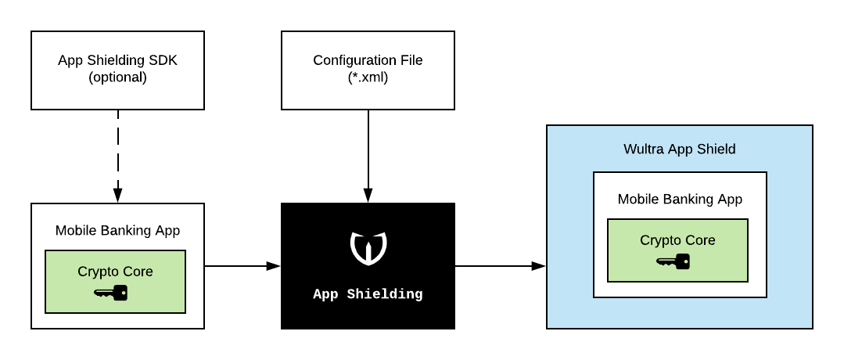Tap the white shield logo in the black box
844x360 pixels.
pos(368,247)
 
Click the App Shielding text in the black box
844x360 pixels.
pos(368,295)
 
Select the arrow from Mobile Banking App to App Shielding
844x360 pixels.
pos(242,266)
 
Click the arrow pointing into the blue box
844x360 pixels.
pos(500,266)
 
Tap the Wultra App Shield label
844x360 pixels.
pos(679,149)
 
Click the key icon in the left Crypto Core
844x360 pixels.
pos(110,293)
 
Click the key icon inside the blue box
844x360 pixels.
pos(673,261)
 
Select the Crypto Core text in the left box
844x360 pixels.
pos(115,272)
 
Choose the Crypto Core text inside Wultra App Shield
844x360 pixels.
pos(677,240)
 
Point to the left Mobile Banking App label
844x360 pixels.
pos(117,230)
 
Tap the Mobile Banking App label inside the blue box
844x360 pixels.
pos(680,199)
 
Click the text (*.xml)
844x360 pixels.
pos(368,77)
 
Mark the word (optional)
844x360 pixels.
pos(117,77)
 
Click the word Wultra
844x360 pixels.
pos(642,149)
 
